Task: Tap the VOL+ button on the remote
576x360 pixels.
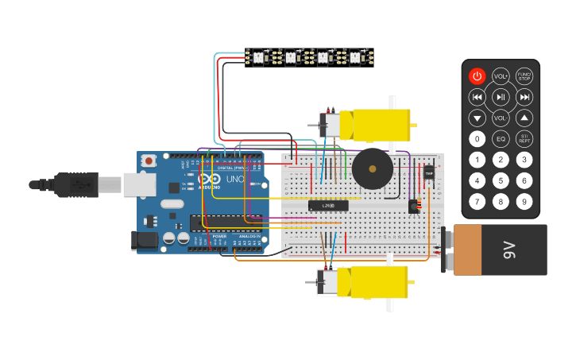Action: tap(501, 76)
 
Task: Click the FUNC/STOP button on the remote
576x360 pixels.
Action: tap(524, 76)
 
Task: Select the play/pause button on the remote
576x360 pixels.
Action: tap(501, 97)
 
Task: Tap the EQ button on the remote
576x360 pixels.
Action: tap(501, 139)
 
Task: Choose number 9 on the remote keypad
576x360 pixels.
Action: tap(524, 202)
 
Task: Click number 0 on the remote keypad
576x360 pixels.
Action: tap(477, 139)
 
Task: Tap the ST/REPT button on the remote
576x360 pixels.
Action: tap(524, 139)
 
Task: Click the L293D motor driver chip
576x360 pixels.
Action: tap(327, 205)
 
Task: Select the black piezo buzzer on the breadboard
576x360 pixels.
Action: tap(372, 168)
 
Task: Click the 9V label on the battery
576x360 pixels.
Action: tap(509, 250)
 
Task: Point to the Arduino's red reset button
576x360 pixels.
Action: tap(149, 161)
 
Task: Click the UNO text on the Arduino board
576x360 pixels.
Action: tap(235, 180)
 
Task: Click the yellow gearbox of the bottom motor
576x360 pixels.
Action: tap(378, 281)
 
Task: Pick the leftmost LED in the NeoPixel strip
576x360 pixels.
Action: tap(258, 57)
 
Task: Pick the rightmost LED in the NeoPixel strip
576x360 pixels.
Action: tap(355, 57)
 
